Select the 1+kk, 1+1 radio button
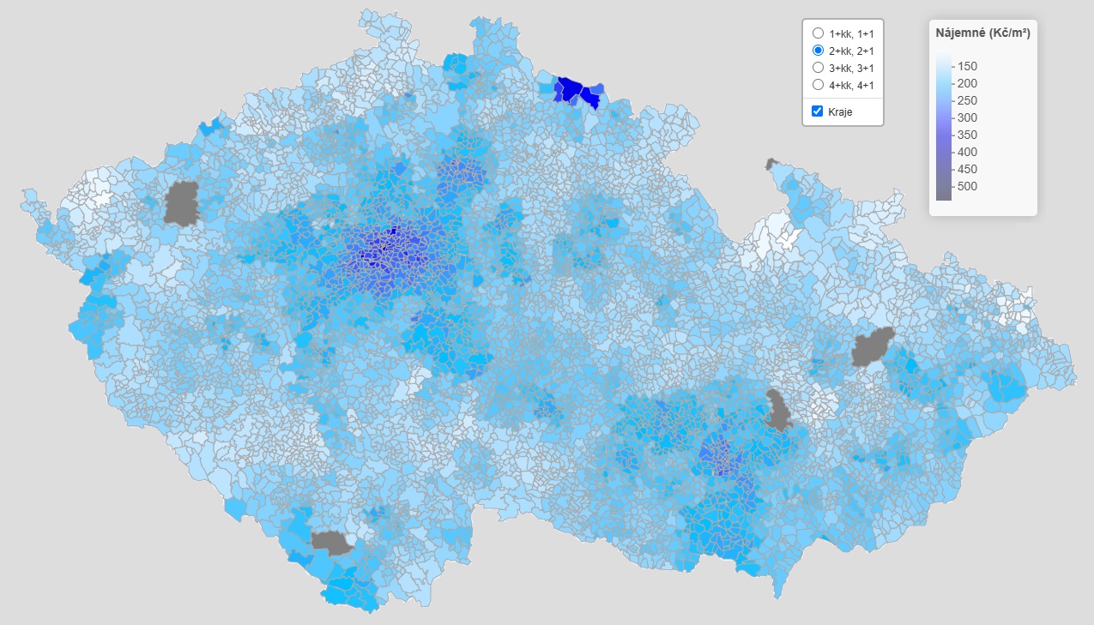818,33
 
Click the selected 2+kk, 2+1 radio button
818,51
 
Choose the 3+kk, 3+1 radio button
818,68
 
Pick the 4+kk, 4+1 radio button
818,85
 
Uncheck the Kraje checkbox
817,111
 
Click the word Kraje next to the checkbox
841,112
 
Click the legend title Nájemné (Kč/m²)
983,34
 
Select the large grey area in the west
181,203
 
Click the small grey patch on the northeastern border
771,162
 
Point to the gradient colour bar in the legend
944,126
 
